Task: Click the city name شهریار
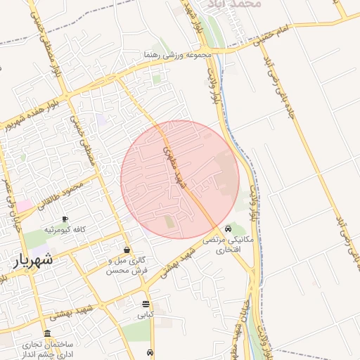tap(32, 261)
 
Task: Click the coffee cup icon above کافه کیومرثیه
tap(65, 219)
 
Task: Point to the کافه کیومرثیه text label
tap(65, 230)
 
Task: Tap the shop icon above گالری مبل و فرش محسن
tap(127, 250)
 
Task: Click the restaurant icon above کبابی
tap(146, 304)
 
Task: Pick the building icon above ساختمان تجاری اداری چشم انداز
tap(47, 333)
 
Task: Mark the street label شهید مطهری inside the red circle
tap(171, 162)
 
